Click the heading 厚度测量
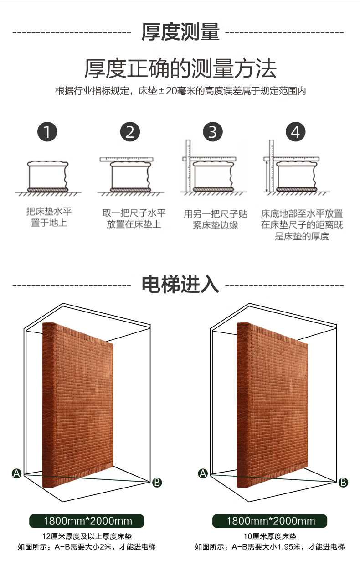[180, 32]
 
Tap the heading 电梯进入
[180, 284]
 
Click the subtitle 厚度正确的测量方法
[180, 68]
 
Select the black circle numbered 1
[47, 132]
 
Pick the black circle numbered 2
[130, 132]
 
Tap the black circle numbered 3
[213, 132]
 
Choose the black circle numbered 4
[295, 132]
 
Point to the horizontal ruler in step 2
[126, 159]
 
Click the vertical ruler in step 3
[188, 166]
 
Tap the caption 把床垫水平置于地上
[49, 217]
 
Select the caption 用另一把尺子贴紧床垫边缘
[216, 219]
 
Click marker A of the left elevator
[17, 473]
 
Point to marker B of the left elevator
[157, 483]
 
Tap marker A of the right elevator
[203, 473]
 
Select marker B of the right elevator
[343, 483]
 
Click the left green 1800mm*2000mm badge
[87, 521]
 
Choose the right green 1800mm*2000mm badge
[270, 521]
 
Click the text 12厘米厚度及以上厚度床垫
[87, 536]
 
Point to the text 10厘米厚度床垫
[270, 536]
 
